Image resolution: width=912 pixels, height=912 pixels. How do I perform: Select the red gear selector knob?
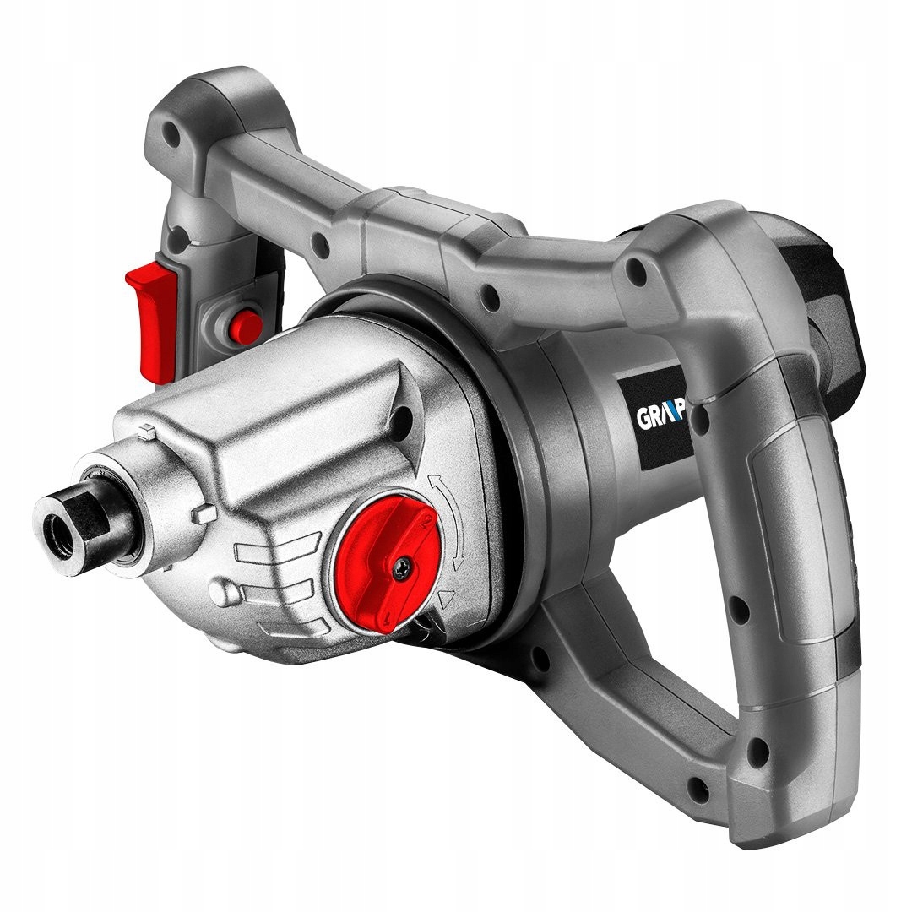coord(383,552)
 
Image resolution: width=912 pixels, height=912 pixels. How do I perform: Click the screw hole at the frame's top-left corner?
coord(174,132)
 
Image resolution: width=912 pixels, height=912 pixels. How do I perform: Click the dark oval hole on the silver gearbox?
coord(404,415)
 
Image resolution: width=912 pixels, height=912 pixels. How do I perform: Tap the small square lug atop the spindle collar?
coord(145,432)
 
